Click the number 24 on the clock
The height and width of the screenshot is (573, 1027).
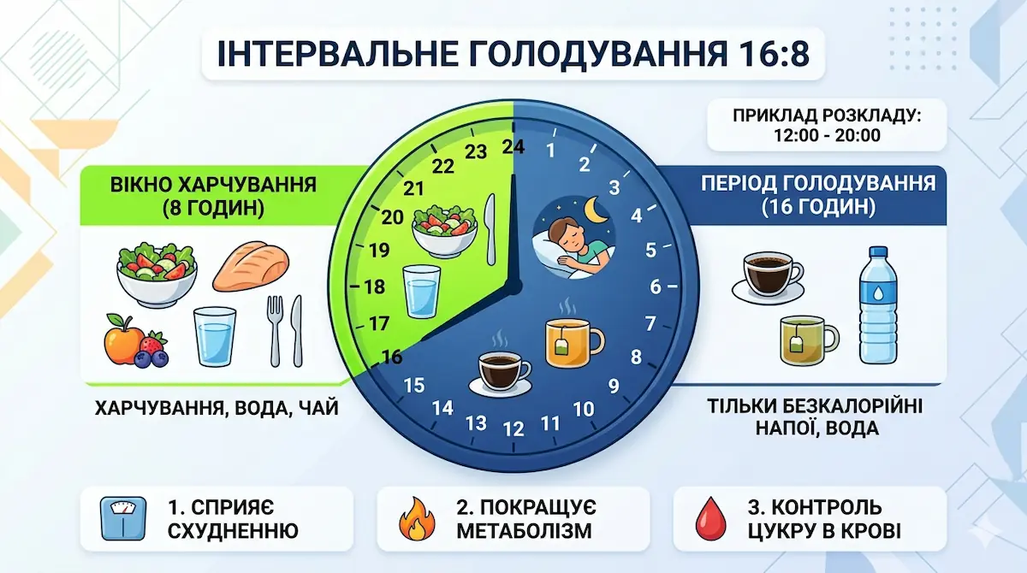(513, 147)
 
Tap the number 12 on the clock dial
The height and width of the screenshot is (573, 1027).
(513, 429)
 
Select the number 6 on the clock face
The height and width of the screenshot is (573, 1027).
(656, 286)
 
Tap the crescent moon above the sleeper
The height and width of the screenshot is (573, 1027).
(593, 208)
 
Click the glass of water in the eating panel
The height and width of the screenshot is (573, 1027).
(214, 336)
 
